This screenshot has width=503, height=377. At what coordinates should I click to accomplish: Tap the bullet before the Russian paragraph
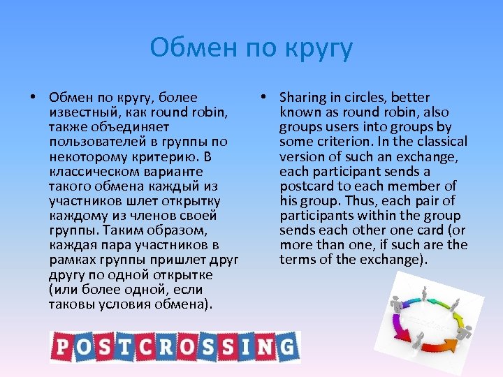(x=33, y=97)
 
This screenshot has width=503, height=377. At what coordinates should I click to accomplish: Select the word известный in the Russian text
(x=82, y=112)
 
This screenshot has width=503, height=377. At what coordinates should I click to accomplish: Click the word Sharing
(x=305, y=97)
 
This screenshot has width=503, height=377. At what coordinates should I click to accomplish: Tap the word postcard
(x=307, y=186)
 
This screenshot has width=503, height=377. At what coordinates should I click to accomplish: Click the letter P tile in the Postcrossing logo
(x=60, y=347)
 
